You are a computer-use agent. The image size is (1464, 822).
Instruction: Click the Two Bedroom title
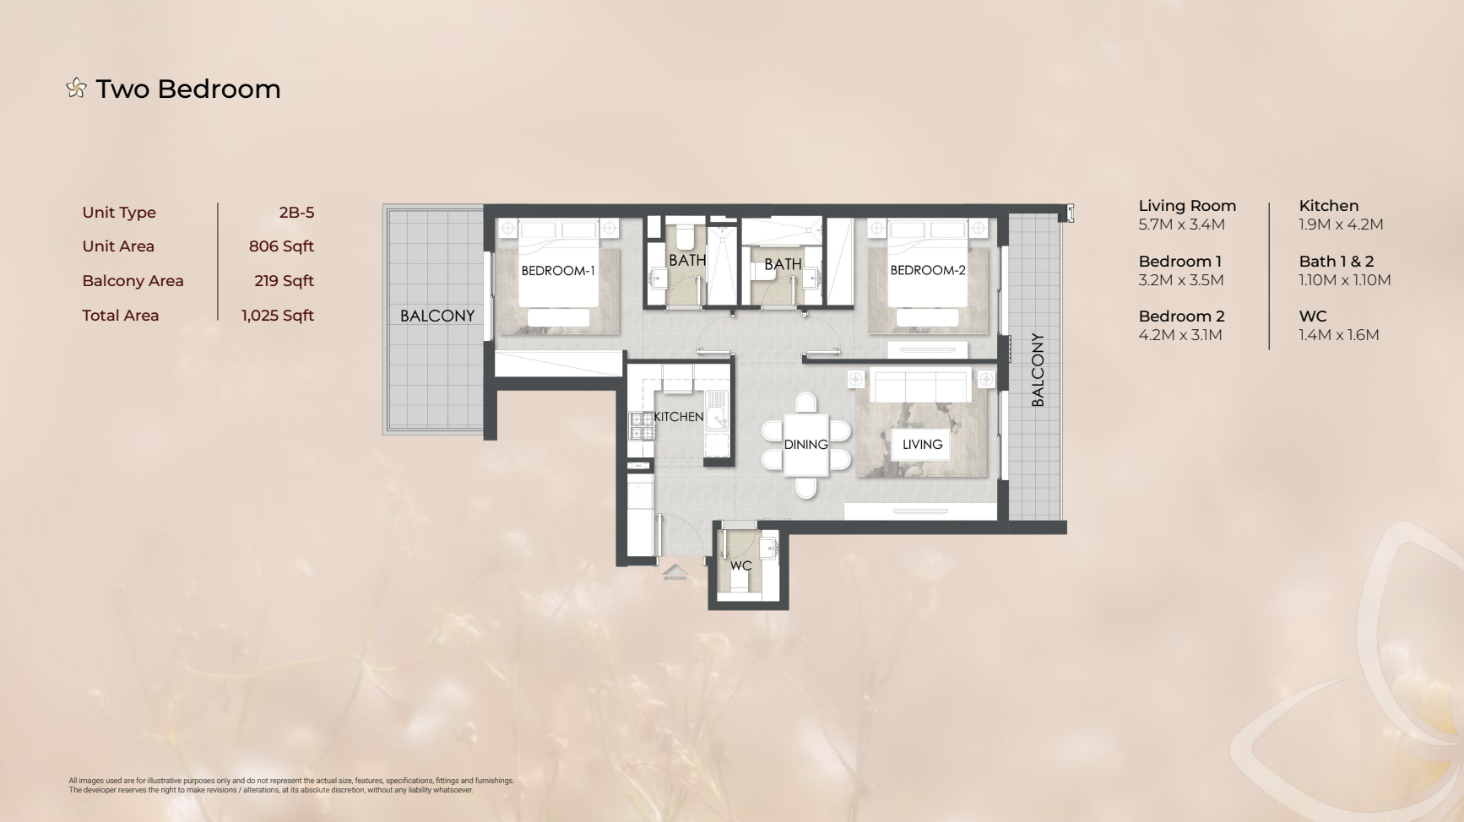pyautogui.click(x=188, y=89)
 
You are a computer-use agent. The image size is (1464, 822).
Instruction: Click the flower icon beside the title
pyautogui.click(x=76, y=88)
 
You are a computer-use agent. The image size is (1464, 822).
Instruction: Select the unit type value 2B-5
pyautogui.click(x=296, y=213)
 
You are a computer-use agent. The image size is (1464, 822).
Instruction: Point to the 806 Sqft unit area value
pyautogui.click(x=281, y=246)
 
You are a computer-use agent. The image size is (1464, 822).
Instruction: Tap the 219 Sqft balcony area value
pyautogui.click(x=284, y=281)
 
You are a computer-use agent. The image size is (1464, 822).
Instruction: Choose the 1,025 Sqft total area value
pyautogui.click(x=278, y=316)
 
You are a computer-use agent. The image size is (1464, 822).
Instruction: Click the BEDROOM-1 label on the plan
pyautogui.click(x=558, y=271)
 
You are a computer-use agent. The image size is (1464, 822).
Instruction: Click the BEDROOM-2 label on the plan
pyautogui.click(x=928, y=270)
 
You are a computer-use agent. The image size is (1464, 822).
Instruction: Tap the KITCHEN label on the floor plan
pyautogui.click(x=679, y=417)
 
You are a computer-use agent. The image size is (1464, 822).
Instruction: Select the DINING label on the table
pyautogui.click(x=806, y=445)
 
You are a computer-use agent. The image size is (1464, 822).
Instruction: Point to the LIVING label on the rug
pyautogui.click(x=923, y=445)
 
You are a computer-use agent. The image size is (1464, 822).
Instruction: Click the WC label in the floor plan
pyautogui.click(x=741, y=566)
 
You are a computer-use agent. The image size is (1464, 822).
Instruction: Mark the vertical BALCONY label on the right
pyautogui.click(x=1038, y=370)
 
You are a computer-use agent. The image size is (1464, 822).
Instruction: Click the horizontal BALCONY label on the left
pyautogui.click(x=437, y=316)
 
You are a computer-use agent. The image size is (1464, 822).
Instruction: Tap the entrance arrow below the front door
pyautogui.click(x=675, y=572)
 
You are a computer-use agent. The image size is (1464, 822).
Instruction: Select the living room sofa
pyautogui.click(x=920, y=387)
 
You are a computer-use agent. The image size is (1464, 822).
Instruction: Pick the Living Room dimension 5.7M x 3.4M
pyautogui.click(x=1181, y=224)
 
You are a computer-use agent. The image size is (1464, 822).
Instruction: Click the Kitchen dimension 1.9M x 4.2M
pyautogui.click(x=1341, y=224)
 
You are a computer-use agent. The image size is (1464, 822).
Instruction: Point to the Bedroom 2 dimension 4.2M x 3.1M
pyautogui.click(x=1180, y=335)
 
